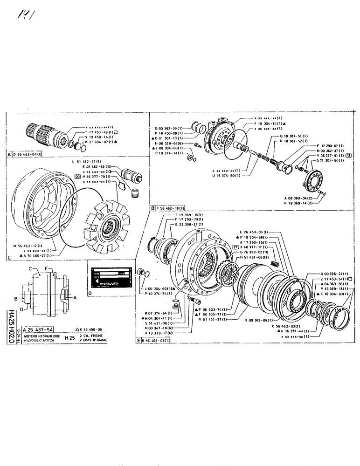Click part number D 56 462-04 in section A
tap(28, 154)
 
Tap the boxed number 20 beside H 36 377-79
tap(77, 177)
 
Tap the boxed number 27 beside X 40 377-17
tap(236, 247)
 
